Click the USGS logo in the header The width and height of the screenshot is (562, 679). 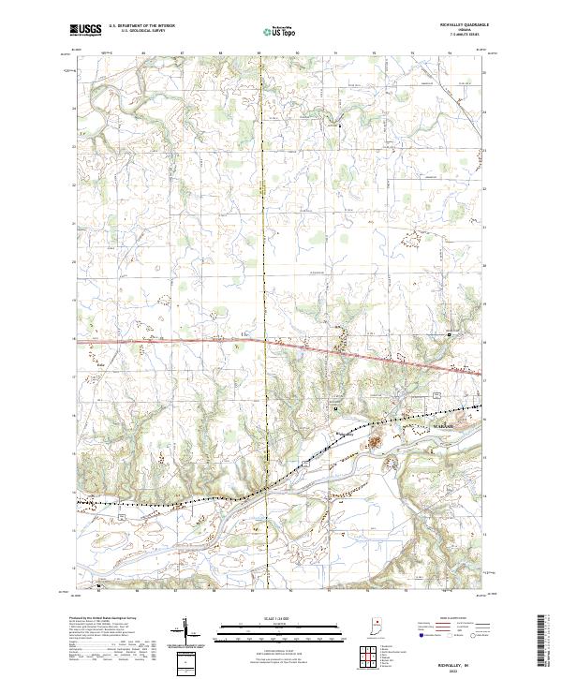85,30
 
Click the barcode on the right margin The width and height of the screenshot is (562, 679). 544,642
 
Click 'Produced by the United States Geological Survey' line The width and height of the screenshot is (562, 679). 103,619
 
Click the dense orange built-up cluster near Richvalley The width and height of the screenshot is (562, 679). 378,440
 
